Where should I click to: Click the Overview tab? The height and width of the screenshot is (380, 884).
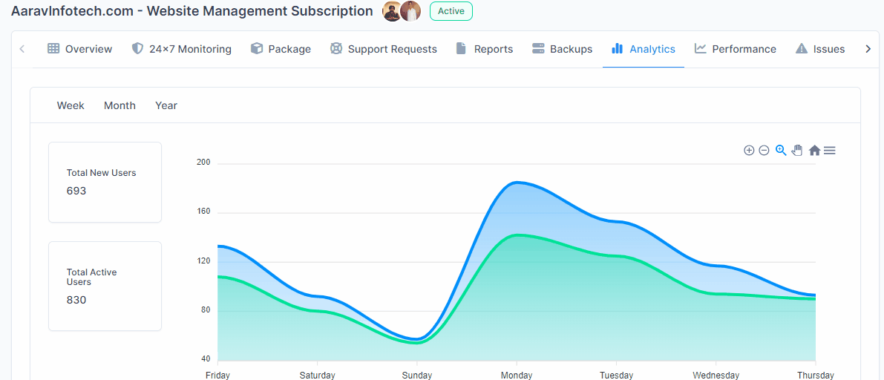pos(80,49)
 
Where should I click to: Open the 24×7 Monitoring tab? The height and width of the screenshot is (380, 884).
pos(182,49)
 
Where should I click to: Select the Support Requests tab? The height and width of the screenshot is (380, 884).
pos(384,49)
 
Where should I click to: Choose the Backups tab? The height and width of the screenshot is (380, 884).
pos(563,49)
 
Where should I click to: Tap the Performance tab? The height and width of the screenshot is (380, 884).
pos(736,49)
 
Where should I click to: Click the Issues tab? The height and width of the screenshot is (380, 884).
pos(820,49)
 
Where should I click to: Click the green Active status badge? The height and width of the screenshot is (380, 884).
pos(451,11)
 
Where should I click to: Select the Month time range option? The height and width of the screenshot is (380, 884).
pos(119,105)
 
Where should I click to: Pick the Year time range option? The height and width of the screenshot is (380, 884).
pos(166,105)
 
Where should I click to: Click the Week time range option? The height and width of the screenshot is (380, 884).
pos(71,105)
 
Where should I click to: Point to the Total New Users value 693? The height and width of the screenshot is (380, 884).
pos(76,191)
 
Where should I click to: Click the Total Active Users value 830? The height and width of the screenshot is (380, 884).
pos(76,300)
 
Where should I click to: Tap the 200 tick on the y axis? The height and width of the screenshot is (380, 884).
pos(203,162)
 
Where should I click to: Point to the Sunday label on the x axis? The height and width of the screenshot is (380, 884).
pos(417,375)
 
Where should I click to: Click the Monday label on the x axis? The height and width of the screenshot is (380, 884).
pos(517,375)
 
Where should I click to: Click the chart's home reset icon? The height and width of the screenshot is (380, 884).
pos(814,151)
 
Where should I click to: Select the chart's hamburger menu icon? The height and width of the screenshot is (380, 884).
pos(830,151)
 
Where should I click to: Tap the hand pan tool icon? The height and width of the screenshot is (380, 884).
pos(797,151)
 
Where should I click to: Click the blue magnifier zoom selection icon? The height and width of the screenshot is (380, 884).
pos(781,151)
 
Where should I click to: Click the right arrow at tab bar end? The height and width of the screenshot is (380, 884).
pos(868,49)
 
